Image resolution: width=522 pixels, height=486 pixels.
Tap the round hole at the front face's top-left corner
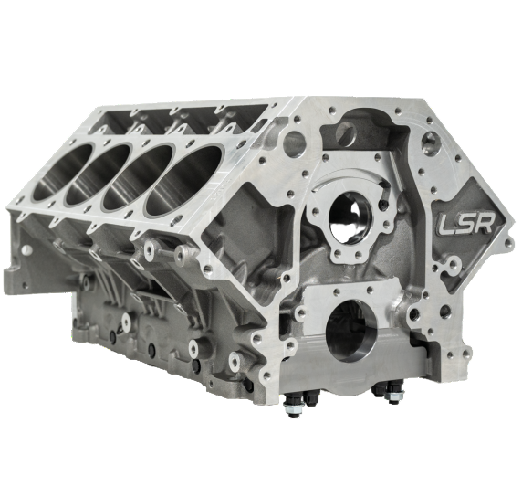(294, 143)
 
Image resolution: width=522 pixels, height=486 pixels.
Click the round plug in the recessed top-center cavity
(345, 133)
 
